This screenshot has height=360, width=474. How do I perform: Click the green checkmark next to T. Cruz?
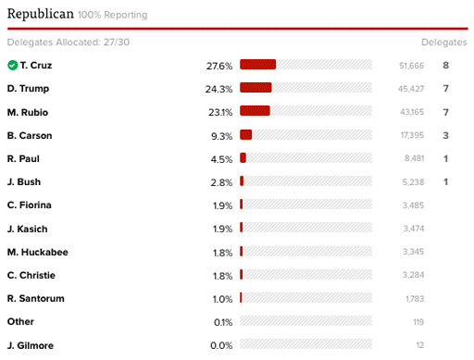[x=13, y=65]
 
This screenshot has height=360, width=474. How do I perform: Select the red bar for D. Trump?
[x=256, y=88]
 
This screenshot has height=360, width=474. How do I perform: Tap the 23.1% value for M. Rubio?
[x=220, y=112]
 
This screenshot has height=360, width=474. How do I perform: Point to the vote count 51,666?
[x=411, y=66]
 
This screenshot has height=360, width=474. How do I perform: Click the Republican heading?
[x=41, y=14]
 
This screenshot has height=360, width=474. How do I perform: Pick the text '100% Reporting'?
[x=113, y=15]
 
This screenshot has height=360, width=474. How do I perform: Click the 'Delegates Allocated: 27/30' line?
[x=69, y=42]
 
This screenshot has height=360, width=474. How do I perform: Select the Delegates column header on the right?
[x=444, y=43]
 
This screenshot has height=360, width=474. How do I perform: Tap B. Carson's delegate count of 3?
[x=445, y=135]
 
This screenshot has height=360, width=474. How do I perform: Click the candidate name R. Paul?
[x=23, y=158]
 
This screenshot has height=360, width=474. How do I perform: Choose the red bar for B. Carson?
[x=246, y=134]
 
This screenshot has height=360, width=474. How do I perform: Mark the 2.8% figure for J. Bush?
[x=221, y=182]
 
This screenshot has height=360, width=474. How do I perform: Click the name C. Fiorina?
[x=30, y=205]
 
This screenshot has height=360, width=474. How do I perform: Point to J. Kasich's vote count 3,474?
[x=414, y=229]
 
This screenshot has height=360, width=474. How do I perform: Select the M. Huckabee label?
[x=38, y=252]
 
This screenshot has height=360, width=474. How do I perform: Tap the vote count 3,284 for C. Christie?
[x=413, y=275]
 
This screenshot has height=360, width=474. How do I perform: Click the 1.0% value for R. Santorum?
[x=222, y=299]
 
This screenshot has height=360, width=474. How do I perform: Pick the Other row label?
[x=20, y=321]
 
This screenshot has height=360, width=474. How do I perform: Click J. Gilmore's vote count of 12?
[x=420, y=345]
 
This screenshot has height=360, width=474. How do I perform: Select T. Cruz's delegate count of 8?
[x=445, y=66]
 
